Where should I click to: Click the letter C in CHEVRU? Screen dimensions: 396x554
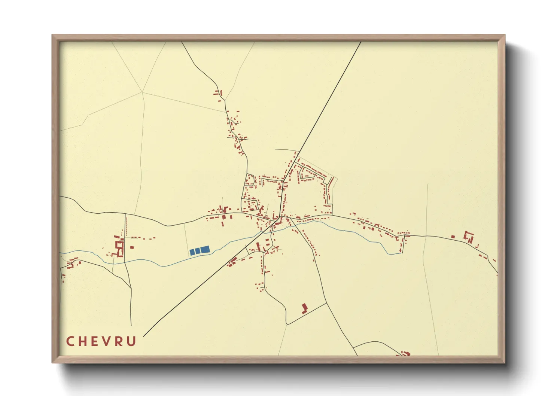[x=70, y=341]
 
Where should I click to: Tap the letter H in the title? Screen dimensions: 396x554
[x=83, y=341]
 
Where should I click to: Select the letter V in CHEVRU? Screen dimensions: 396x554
[x=107, y=341]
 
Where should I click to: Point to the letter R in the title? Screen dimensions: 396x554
[x=119, y=341]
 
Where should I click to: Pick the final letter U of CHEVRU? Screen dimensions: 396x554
[x=131, y=341]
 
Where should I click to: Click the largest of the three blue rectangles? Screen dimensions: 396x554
[x=205, y=250]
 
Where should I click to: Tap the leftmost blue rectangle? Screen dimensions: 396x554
[x=192, y=252]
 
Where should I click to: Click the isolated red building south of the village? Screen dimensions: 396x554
[x=304, y=308]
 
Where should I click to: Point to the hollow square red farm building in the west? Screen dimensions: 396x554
[x=120, y=247]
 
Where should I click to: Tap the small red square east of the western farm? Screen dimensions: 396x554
[x=132, y=247]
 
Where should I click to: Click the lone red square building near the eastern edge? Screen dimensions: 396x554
[x=453, y=237]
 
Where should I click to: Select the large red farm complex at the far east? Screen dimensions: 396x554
[x=468, y=237]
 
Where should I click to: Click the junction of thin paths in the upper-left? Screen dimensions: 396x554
[x=142, y=92]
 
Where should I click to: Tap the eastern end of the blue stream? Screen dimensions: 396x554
[x=401, y=253]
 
